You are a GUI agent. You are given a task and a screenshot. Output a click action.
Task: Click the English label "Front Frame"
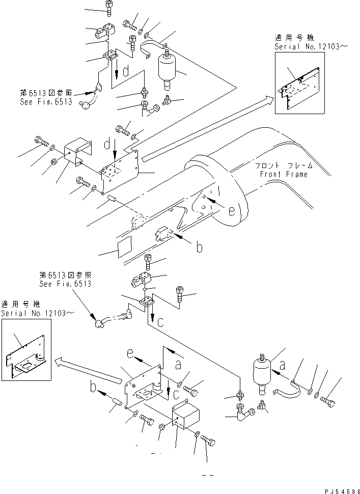(x=283, y=174)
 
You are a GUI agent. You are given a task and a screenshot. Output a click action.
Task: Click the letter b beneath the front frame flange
(x=200, y=248)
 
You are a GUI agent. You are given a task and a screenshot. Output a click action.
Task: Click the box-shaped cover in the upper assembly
(x=77, y=153)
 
